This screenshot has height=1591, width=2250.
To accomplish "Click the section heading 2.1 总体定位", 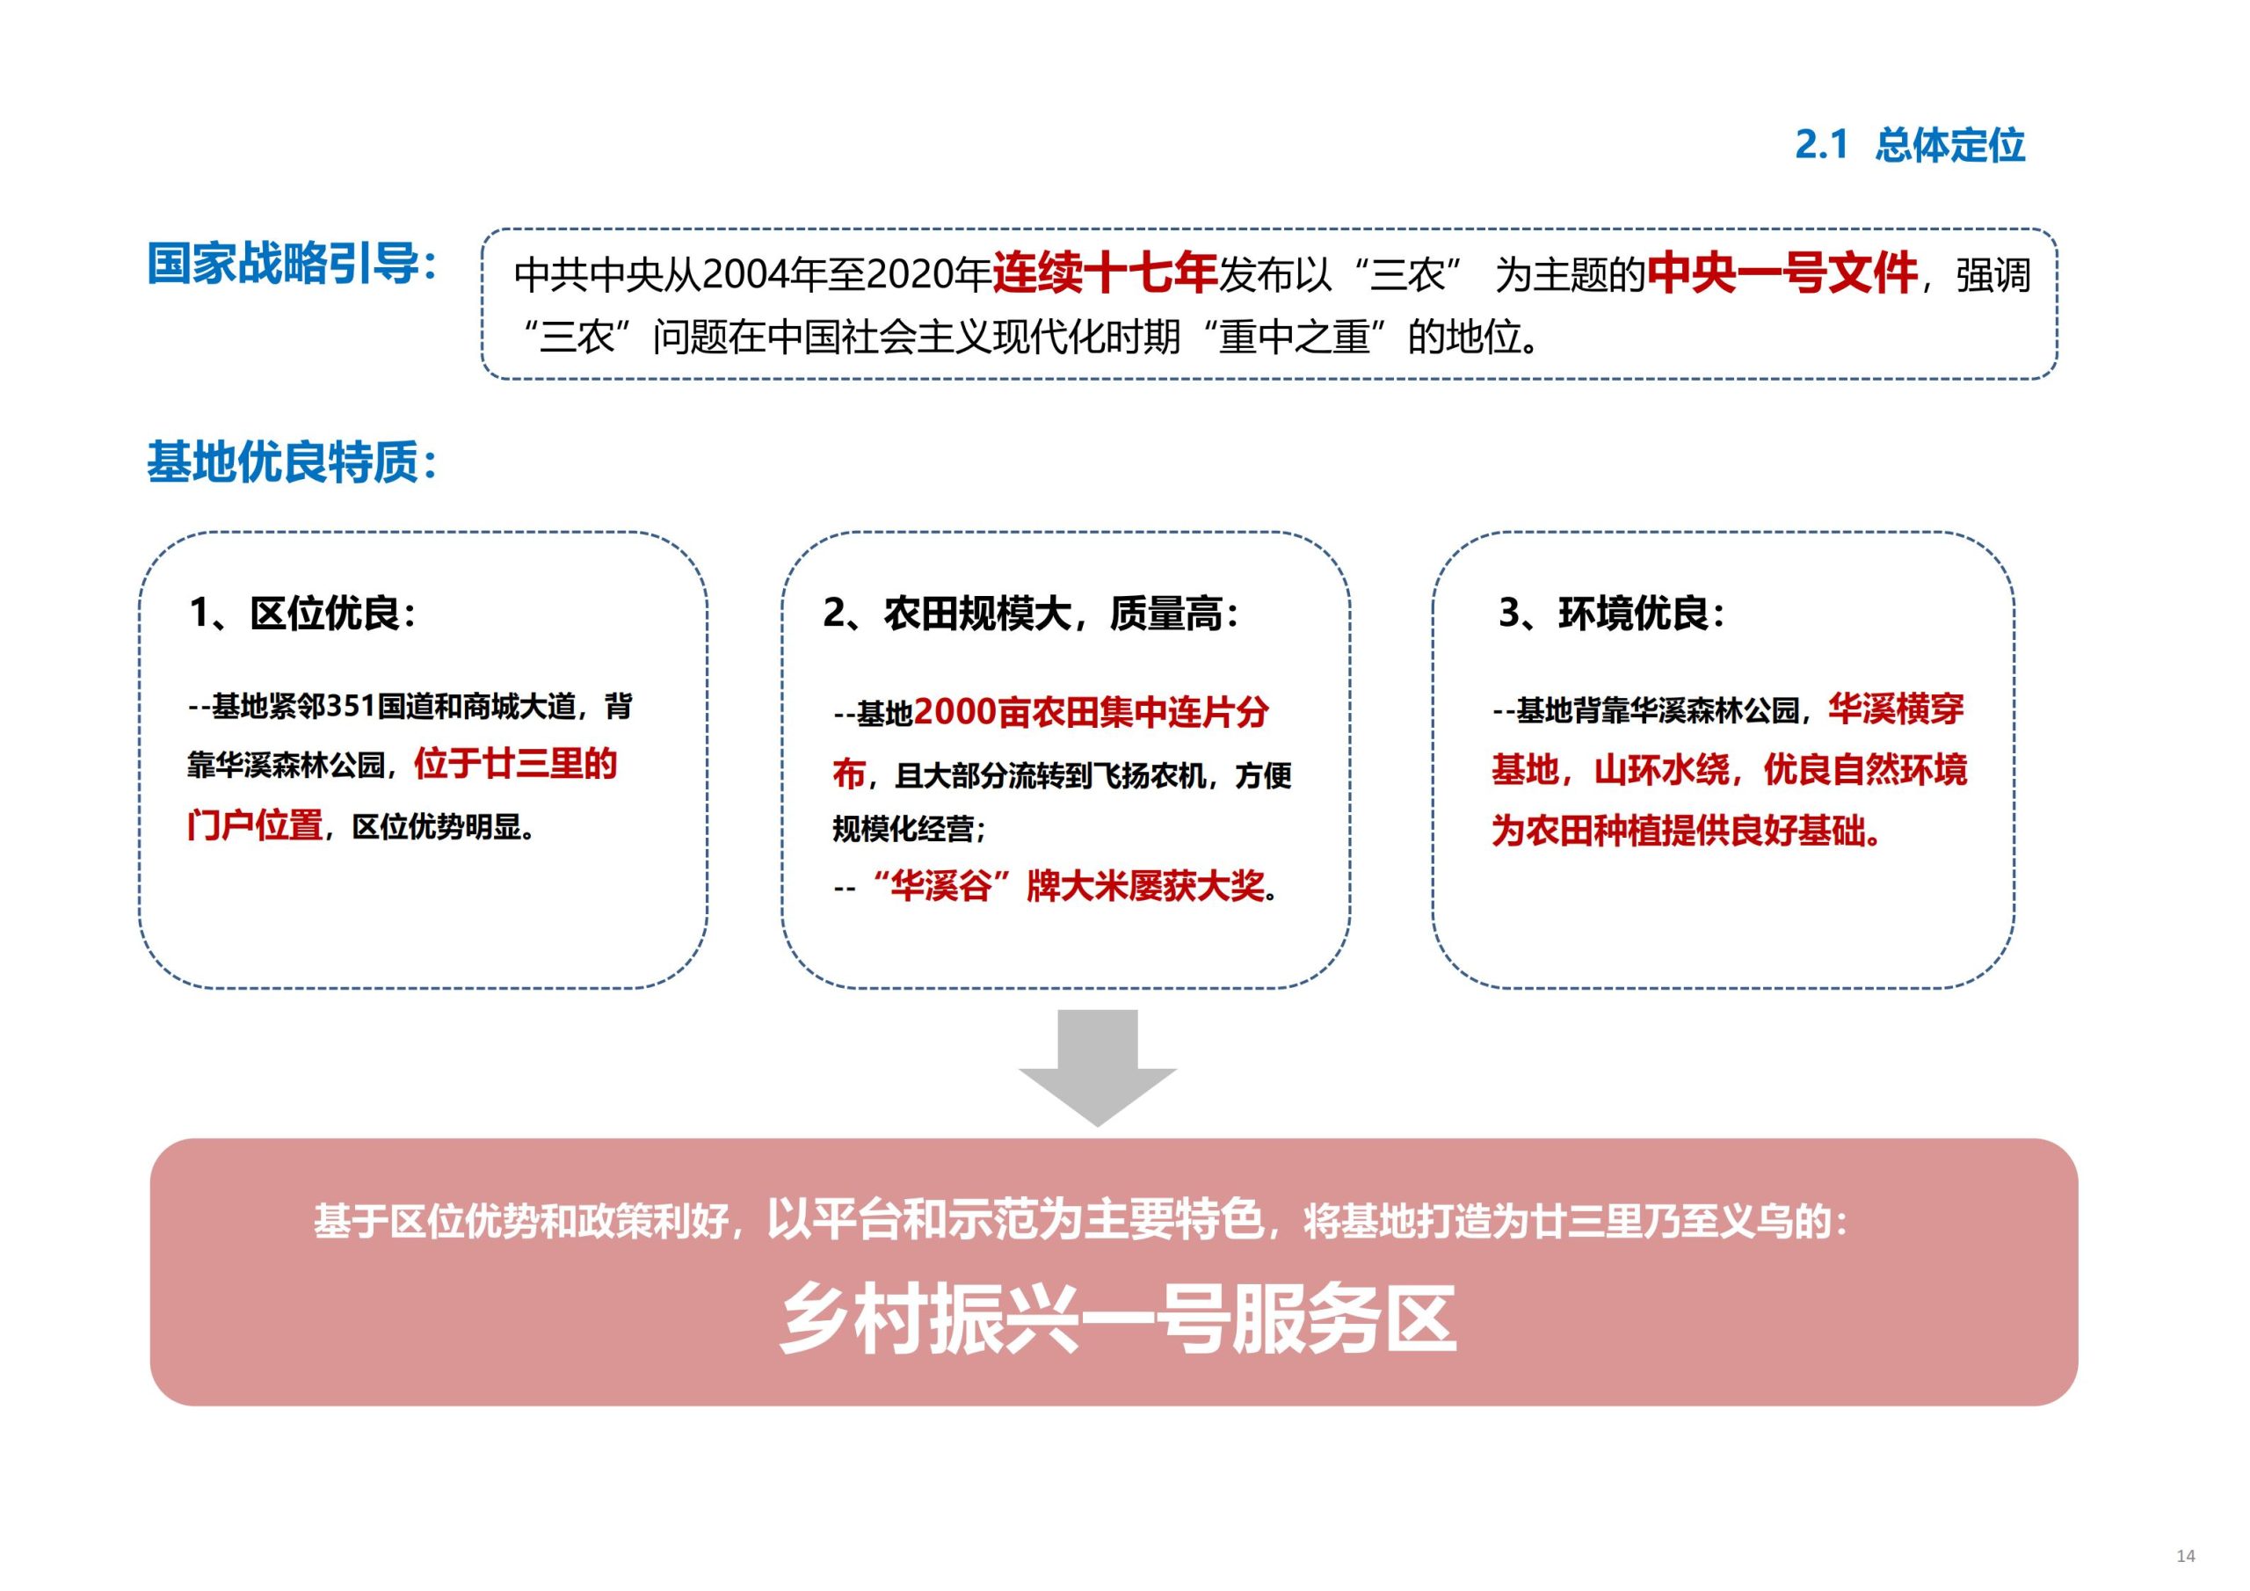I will pyautogui.click(x=1909, y=145).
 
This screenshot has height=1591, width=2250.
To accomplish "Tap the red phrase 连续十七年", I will pyautogui.click(x=1105, y=273).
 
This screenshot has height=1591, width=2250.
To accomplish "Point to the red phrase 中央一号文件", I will pyautogui.click(x=1782, y=273).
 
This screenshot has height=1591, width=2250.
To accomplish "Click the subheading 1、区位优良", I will pyautogui.click(x=304, y=614).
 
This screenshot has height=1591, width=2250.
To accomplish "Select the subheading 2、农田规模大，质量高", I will pyautogui.click(x=1031, y=614).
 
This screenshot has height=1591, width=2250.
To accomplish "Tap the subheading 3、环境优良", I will pyautogui.click(x=1611, y=614).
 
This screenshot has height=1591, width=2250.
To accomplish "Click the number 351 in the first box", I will pyautogui.click(x=350, y=707).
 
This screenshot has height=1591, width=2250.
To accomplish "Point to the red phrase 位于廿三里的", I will pyautogui.click(x=515, y=763).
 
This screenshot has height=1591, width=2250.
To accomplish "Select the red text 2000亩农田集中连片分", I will pyautogui.click(x=1091, y=713).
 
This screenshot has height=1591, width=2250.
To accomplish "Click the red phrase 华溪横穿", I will pyautogui.click(x=1895, y=708).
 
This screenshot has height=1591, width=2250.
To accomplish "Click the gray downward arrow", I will pyautogui.click(x=1097, y=1066).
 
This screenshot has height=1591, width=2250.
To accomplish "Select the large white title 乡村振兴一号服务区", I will pyautogui.click(x=1118, y=1319).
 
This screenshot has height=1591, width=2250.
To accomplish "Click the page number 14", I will pyautogui.click(x=2185, y=1556).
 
